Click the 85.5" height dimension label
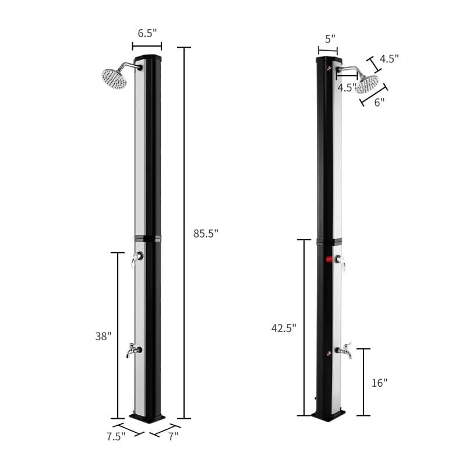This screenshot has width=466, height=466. tap(206, 234)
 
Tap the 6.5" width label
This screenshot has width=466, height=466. tap(147, 34)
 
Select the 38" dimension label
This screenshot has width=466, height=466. tap(103, 336)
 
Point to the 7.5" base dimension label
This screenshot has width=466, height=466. tap(116, 436)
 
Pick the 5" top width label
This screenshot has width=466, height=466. tap(330, 39)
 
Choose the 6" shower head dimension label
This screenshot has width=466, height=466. tap(379, 102)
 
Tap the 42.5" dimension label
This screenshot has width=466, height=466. tap(284, 328)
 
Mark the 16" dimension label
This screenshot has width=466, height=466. tap(379, 383)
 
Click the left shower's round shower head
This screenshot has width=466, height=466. tap(114, 79)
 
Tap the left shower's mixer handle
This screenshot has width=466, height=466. tap(136, 260)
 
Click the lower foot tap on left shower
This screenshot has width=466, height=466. tap(133, 350)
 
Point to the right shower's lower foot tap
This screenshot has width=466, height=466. tap(343, 351)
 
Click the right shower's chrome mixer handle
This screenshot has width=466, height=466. tap(341, 263)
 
